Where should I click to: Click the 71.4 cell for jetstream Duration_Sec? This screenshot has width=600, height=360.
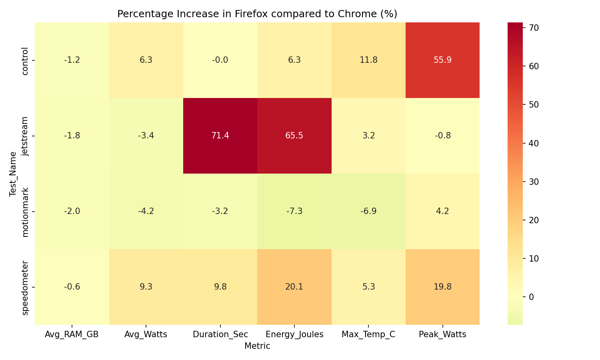(x=220, y=136)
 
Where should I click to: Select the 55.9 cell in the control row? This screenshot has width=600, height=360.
(x=442, y=60)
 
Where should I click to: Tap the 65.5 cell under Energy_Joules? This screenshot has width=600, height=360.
(x=294, y=136)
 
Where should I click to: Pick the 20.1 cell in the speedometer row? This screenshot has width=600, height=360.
(x=294, y=287)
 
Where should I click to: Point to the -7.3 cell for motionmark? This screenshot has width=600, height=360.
(x=294, y=211)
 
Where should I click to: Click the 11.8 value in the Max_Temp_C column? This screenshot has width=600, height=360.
(x=368, y=60)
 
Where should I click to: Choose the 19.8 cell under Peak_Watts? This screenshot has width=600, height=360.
(x=442, y=287)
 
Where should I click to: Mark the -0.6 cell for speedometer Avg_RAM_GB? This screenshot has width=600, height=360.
(x=72, y=287)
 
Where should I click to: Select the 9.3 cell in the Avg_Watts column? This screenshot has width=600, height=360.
(x=146, y=287)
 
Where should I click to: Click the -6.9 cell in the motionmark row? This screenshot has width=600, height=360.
(x=368, y=211)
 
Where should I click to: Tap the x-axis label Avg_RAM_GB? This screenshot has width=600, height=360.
(x=72, y=335)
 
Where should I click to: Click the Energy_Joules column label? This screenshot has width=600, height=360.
(x=294, y=335)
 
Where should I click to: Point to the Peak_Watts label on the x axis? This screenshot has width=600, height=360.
(x=442, y=335)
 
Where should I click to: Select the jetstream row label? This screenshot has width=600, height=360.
(x=25, y=136)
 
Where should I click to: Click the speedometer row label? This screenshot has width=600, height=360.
(x=25, y=287)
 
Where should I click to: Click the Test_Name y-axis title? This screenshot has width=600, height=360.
(x=13, y=174)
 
